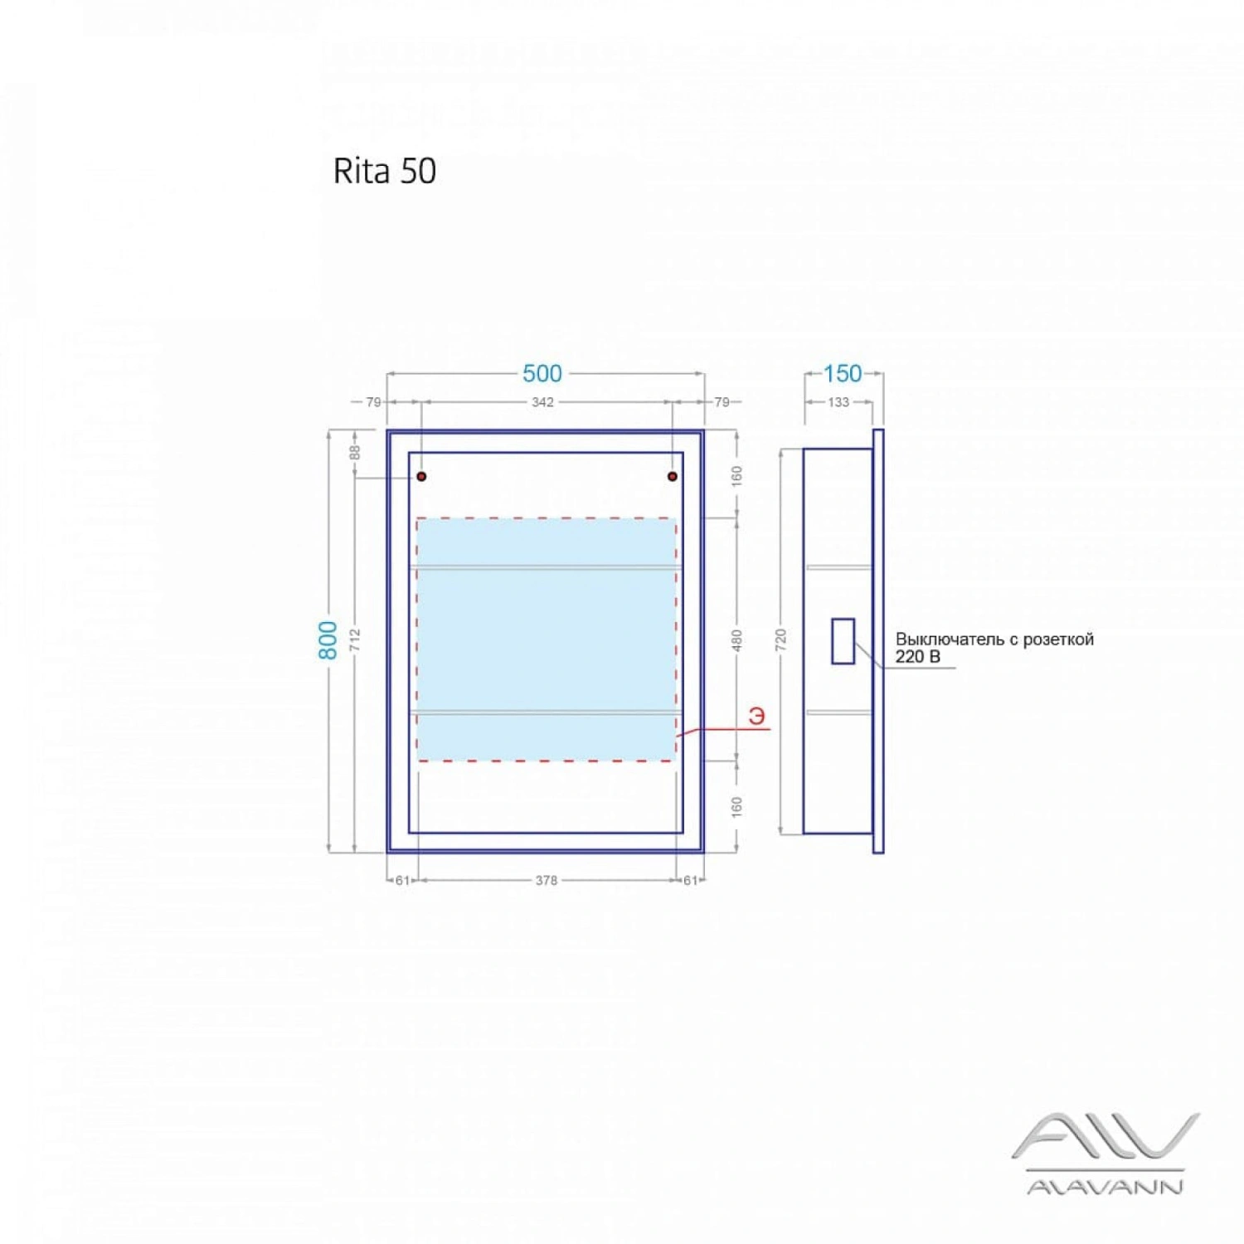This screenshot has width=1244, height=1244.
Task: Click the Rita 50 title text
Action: point(384,171)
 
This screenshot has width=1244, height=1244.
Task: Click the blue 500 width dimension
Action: point(542,373)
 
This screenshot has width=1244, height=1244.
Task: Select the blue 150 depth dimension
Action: point(843,373)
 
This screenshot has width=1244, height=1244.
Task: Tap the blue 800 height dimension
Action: point(328,640)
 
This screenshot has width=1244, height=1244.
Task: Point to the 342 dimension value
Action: point(542,402)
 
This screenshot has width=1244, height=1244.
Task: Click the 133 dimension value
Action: point(838,402)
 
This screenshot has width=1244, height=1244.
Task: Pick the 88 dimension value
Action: point(355,453)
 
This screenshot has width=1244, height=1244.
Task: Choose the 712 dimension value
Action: point(355,639)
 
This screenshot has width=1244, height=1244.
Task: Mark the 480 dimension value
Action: point(736,640)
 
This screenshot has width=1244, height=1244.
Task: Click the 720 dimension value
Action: point(780,640)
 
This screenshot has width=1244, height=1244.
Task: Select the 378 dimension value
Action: point(547,881)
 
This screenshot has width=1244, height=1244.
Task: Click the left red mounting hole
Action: point(421,476)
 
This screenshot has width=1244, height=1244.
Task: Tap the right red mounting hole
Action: point(673,476)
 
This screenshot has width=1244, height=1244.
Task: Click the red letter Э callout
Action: point(757,716)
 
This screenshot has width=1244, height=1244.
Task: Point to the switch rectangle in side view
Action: point(843,641)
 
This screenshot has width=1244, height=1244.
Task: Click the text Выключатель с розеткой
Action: point(994,639)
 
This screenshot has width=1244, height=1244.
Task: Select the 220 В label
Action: point(917,657)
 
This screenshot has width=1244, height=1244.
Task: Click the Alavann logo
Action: point(1106,1153)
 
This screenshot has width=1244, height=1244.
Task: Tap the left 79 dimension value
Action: point(374,402)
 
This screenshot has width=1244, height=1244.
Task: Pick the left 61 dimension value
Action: point(402,881)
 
